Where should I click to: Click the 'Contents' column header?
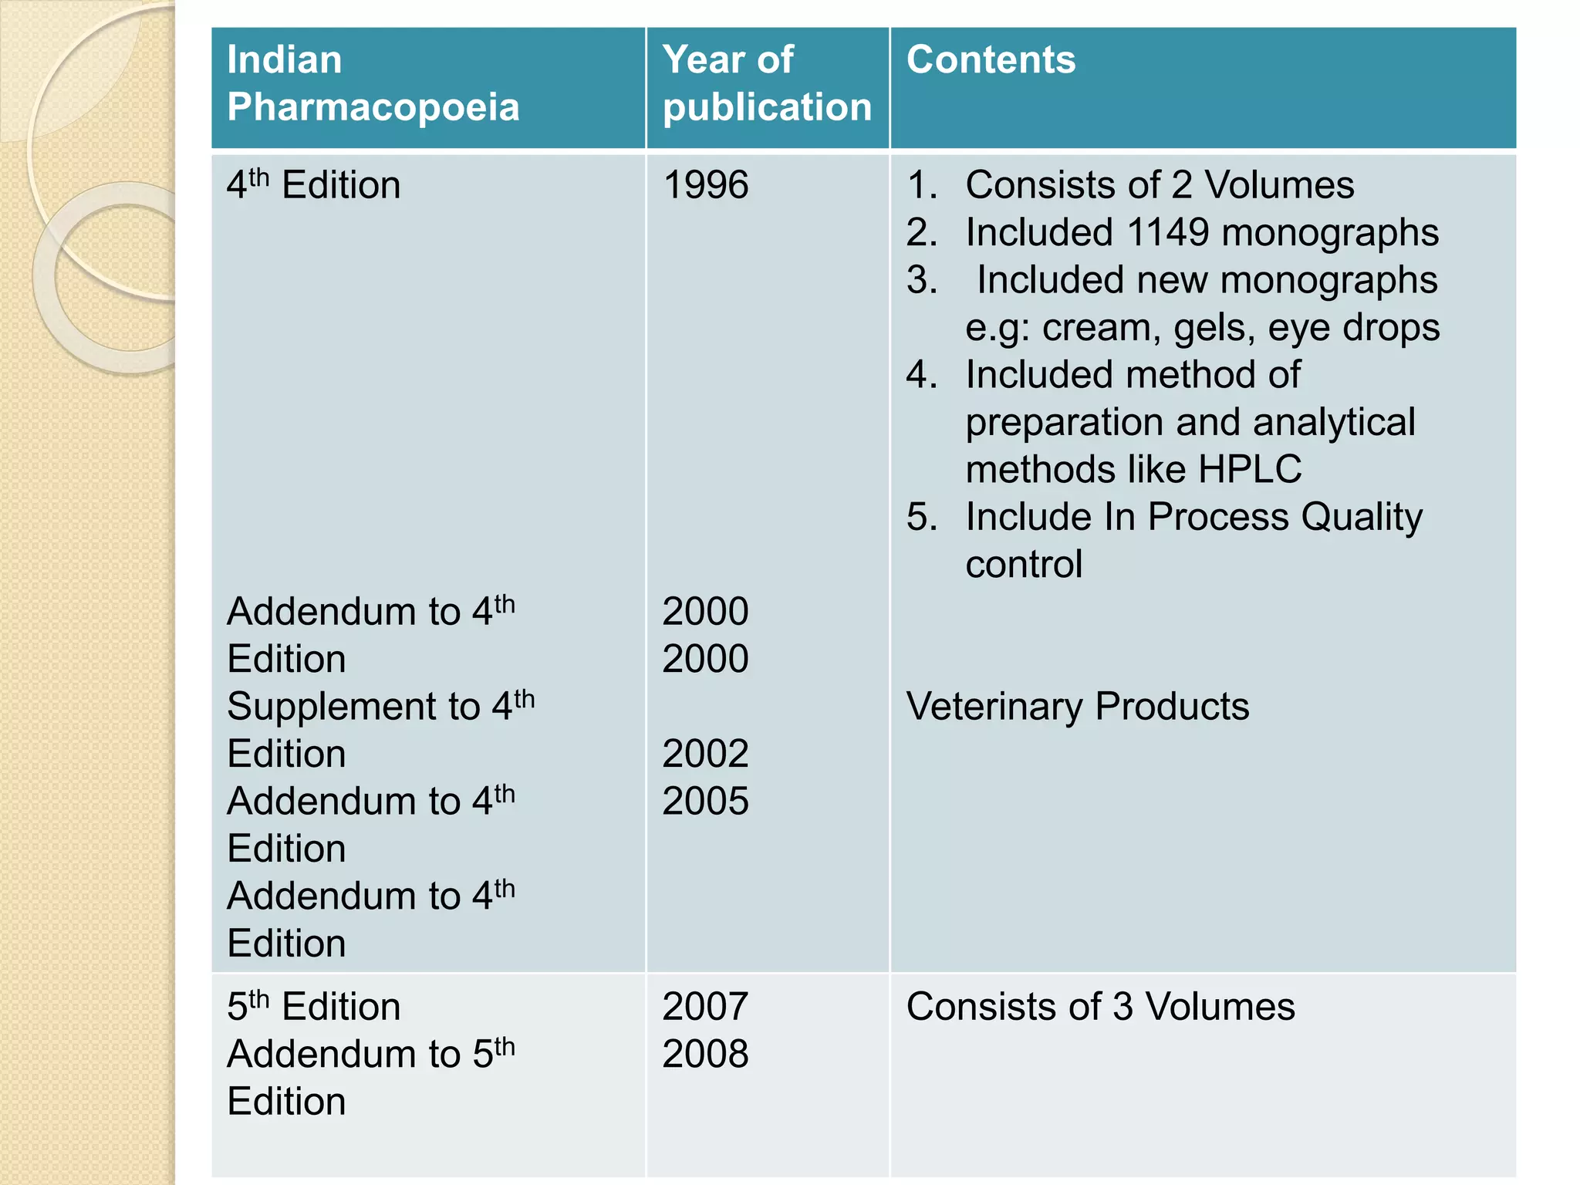(x=991, y=60)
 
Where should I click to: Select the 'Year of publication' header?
(x=767, y=83)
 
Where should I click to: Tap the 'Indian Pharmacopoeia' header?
(x=373, y=83)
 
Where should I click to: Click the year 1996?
(x=705, y=186)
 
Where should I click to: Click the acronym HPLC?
(x=1249, y=470)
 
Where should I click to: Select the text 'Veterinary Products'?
(x=1077, y=707)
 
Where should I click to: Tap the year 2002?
(x=705, y=754)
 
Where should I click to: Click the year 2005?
(x=705, y=802)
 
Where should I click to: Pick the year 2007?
(x=705, y=1007)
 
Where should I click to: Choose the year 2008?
(x=705, y=1054)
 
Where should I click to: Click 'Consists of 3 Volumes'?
(x=1100, y=1007)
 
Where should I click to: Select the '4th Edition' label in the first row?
(x=313, y=186)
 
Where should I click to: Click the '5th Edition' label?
(x=313, y=1007)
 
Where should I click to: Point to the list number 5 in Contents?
(x=921, y=517)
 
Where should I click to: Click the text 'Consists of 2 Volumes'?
(x=1159, y=186)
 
